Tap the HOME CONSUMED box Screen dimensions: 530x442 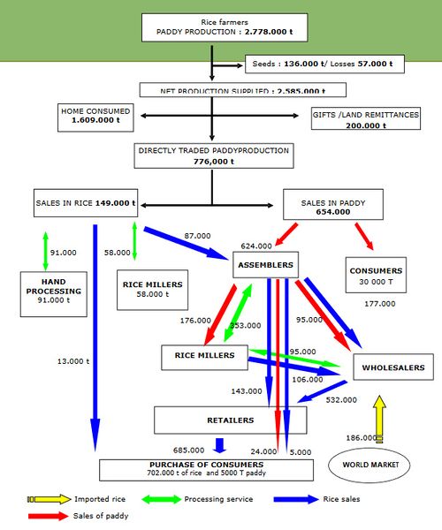click(x=96, y=117)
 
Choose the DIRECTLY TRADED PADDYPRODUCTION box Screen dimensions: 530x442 click(x=212, y=155)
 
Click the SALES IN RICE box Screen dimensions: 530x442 click(x=86, y=202)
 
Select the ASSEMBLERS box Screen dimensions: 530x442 click(x=265, y=262)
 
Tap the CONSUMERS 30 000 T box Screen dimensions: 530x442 click(x=376, y=276)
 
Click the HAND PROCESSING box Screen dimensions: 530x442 click(x=49, y=294)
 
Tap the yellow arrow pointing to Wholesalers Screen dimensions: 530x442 click(x=380, y=418)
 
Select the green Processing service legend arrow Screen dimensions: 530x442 click(x=157, y=499)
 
